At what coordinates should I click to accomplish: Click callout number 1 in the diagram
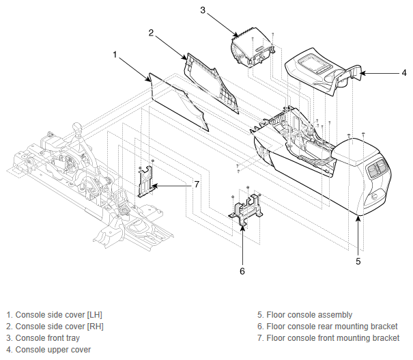pos(115,55)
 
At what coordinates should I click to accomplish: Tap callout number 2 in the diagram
pos(151,33)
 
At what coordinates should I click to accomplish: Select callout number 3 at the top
pos(203,10)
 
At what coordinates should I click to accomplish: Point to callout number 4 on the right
pos(404,73)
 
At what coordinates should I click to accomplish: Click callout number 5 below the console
pos(358,261)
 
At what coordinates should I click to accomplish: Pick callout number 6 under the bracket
pos(242,271)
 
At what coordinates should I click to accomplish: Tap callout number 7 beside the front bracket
pos(197,184)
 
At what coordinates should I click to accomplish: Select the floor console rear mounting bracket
pos(246,209)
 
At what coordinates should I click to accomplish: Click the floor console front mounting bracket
pos(145,182)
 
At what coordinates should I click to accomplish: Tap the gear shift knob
pos(78,127)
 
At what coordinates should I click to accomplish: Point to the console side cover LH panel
pos(178,102)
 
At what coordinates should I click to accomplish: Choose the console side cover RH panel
pos(212,82)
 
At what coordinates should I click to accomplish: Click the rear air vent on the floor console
pos(378,167)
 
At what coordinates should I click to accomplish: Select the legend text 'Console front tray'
pos(48,338)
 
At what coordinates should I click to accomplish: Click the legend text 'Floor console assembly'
pos(309,315)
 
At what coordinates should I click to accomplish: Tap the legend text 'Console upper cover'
pos(53,350)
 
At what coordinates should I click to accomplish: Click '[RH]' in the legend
pos(96,327)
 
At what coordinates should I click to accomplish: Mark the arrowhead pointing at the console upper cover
pos(362,73)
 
